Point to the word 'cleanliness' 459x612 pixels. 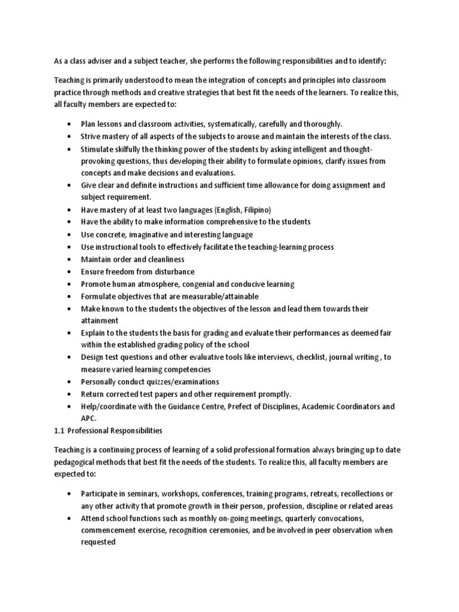click(163, 259)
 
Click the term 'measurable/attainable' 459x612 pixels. click(220, 296)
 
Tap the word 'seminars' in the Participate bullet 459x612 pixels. click(148, 494)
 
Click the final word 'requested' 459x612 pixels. click(99, 542)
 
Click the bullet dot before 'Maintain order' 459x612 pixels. click(69, 259)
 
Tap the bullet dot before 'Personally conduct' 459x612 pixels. click(69, 381)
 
